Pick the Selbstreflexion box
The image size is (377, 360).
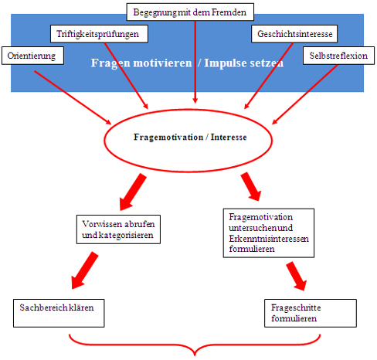(x=338, y=56)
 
